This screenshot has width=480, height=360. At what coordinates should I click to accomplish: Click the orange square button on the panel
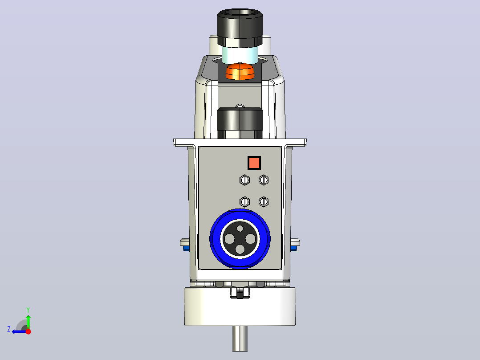click(x=254, y=163)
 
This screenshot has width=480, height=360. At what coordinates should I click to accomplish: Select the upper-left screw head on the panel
click(x=244, y=180)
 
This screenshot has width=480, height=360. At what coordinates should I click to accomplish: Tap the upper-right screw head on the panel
click(x=264, y=180)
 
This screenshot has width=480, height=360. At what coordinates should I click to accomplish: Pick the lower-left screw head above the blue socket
click(x=244, y=201)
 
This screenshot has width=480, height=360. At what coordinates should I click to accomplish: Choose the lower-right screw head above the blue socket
click(x=264, y=201)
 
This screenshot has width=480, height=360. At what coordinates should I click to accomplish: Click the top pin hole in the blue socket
click(x=240, y=228)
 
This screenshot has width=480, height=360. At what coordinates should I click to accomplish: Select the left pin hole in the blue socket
click(x=229, y=239)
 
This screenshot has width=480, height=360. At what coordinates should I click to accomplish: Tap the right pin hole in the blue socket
click(x=250, y=239)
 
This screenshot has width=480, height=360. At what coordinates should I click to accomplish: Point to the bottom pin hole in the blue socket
click(x=240, y=250)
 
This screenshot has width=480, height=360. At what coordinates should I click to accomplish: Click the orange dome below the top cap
click(x=240, y=72)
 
